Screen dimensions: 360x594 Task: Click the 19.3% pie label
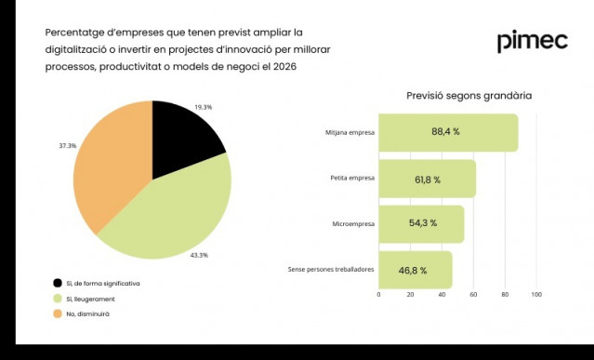coord(203,107)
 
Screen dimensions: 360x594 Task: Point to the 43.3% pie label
coord(199,255)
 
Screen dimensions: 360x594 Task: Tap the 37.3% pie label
coord(68,146)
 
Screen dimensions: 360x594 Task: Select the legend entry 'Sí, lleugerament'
coord(90,299)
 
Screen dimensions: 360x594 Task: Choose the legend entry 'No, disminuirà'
coord(87,314)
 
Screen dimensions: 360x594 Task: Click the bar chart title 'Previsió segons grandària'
coord(469,96)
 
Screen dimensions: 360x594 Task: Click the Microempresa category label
coord(353,224)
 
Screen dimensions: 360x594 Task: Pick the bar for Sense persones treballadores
coord(415,270)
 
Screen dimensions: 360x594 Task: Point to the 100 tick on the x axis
coord(536,294)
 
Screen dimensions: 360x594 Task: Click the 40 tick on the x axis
coord(442,294)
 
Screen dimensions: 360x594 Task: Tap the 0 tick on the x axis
coord(378,294)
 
